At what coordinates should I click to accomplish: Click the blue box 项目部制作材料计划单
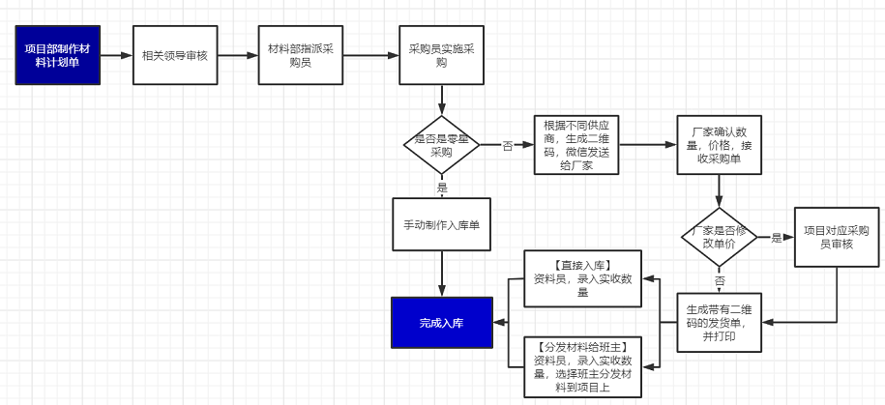tap(57, 55)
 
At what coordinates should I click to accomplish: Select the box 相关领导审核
tap(174, 55)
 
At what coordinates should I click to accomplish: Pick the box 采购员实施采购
tap(441, 55)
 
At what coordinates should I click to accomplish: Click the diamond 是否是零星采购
tap(441, 145)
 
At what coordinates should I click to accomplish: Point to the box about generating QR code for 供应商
tap(576, 145)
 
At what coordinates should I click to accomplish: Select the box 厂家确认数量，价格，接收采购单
tap(718, 145)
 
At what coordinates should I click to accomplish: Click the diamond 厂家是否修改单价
tap(719, 238)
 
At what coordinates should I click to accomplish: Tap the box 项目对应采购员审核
tap(835, 238)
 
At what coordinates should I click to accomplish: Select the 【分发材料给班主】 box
tap(583, 366)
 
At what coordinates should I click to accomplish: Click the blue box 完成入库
tap(441, 323)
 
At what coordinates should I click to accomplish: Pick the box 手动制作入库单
tap(441, 225)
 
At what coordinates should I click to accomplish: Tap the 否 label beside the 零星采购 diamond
tap(507, 146)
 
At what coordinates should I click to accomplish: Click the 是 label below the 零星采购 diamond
tap(442, 188)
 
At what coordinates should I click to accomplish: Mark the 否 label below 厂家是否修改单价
tap(719, 279)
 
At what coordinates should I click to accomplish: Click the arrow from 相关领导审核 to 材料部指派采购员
tap(233, 55)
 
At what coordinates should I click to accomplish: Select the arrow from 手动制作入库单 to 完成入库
tap(441, 275)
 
